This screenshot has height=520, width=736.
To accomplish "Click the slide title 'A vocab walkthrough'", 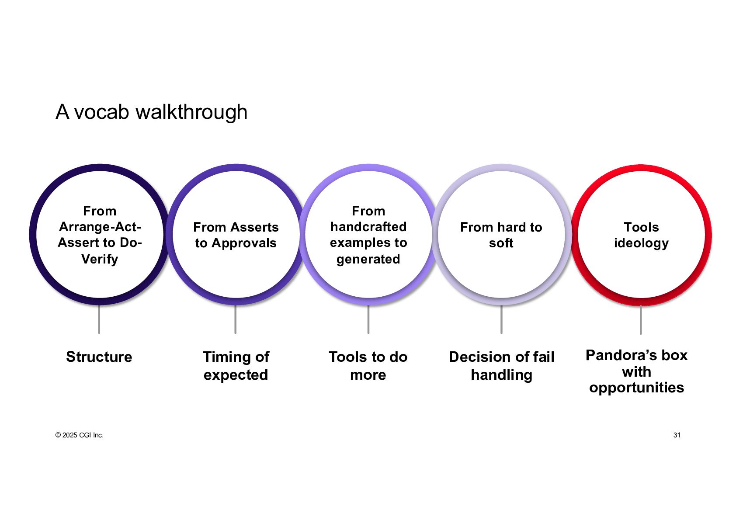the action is click(x=151, y=112).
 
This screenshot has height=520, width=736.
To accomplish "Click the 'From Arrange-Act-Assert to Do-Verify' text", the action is click(x=100, y=235).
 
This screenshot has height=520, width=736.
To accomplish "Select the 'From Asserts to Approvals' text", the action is click(x=236, y=235).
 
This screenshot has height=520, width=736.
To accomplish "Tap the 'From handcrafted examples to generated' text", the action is click(x=368, y=235).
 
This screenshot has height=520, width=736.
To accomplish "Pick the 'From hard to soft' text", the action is click(x=501, y=235).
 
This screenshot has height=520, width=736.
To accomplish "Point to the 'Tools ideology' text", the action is click(x=641, y=235).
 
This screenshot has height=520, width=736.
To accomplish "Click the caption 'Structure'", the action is click(x=99, y=357).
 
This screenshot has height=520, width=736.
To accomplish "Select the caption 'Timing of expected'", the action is click(x=236, y=366).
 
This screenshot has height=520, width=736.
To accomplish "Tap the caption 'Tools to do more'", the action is click(x=368, y=366).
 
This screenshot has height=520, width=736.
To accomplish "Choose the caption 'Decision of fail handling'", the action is click(x=501, y=366).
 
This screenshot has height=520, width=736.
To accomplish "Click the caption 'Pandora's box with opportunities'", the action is click(x=636, y=371).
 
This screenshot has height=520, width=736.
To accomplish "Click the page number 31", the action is click(x=677, y=435).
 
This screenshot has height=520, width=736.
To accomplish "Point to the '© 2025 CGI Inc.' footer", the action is click(x=80, y=435).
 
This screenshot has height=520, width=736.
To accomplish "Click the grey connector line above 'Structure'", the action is click(x=99, y=319).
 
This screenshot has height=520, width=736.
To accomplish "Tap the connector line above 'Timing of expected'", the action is click(x=235, y=319).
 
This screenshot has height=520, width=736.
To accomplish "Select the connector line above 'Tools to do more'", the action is click(x=368, y=319).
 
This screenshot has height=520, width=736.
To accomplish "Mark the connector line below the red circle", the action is click(x=641, y=320).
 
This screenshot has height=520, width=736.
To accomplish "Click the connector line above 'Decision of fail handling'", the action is click(x=501, y=319).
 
